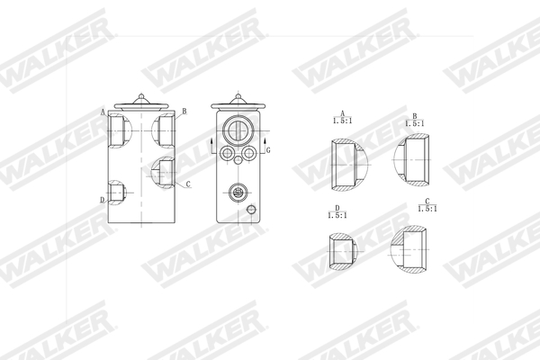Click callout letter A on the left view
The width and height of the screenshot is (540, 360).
pyautogui.click(x=103, y=112)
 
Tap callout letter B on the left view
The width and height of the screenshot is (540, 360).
pyautogui.click(x=184, y=112)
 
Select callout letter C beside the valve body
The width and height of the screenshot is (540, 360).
pyautogui.click(x=187, y=184)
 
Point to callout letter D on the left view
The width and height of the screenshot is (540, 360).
pyautogui.click(x=103, y=199)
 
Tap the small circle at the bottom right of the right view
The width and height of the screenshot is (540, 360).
pyautogui.click(x=252, y=210)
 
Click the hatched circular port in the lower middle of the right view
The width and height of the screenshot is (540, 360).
pyautogui.click(x=238, y=191)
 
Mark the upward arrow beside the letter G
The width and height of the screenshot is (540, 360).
pyautogui.click(x=269, y=139)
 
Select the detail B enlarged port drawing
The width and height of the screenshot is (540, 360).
pyautogui.click(x=416, y=157)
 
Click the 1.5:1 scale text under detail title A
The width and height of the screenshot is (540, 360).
pyautogui.click(x=342, y=121)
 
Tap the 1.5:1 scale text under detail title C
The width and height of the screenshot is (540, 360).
pyautogui.click(x=429, y=208)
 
